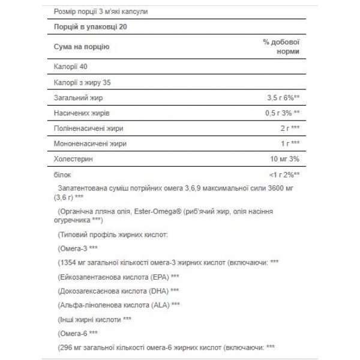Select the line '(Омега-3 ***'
(x=78, y=247)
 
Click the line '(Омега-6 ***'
(x=78, y=332)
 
